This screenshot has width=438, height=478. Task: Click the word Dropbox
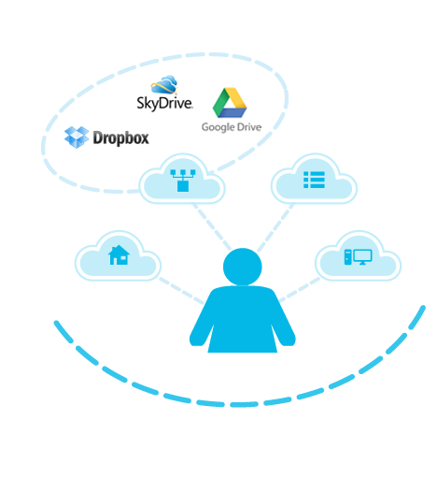tap(120, 138)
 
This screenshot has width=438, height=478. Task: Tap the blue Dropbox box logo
tap(77, 138)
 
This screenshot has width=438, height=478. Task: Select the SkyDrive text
tap(164, 103)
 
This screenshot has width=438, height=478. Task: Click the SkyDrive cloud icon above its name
tap(164, 84)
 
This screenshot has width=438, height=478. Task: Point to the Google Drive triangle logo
tap(230, 103)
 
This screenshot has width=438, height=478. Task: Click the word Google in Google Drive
tap(218, 127)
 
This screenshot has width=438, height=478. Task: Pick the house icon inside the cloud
tap(119, 255)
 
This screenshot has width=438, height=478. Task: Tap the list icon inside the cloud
tap(314, 180)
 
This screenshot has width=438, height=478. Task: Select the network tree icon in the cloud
tap(183, 181)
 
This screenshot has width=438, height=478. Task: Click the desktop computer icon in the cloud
tap(358, 257)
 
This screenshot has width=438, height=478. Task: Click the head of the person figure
tap(243, 267)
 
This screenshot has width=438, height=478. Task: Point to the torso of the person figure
tap(243, 320)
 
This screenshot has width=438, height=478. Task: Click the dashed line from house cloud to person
tap(181, 291)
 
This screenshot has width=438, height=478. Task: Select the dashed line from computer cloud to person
tap(300, 289)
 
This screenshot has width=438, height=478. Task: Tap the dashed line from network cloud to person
tap(212, 226)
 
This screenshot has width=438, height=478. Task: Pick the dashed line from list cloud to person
tap(276, 227)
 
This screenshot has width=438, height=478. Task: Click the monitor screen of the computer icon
tap(363, 256)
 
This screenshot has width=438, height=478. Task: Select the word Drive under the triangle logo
tap(249, 127)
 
